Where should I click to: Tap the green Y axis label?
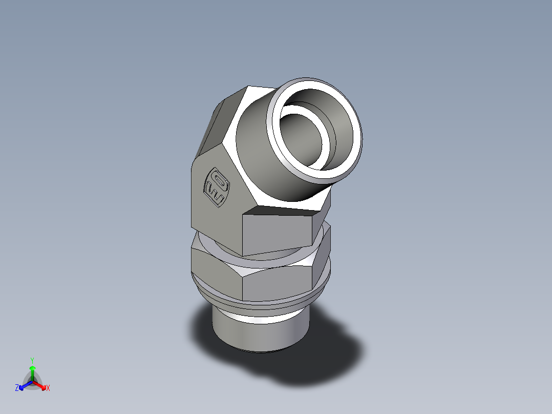tap(32, 360)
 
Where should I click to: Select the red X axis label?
tap(48, 388)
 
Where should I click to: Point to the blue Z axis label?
tap(17, 388)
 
